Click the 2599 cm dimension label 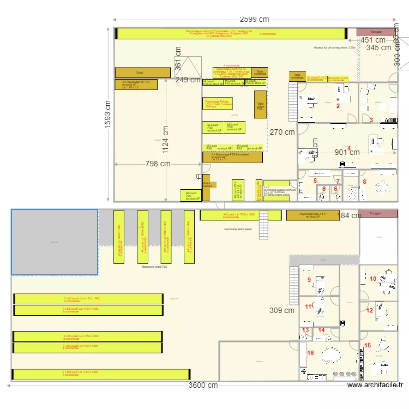(x=256, y=20)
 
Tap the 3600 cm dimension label (x=203, y=385)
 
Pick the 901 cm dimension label (x=347, y=152)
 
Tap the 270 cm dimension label (x=282, y=132)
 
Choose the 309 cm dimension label (x=282, y=311)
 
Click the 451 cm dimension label (x=373, y=40)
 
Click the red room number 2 (x=338, y=106)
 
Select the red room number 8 (x=365, y=182)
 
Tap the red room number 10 (x=373, y=279)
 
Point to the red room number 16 (x=311, y=353)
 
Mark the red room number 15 (x=368, y=345)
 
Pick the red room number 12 (x=369, y=310)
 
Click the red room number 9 (x=309, y=280)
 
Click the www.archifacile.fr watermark (x=375, y=385)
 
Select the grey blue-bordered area (x=55, y=242)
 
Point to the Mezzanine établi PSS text (x=154, y=267)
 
